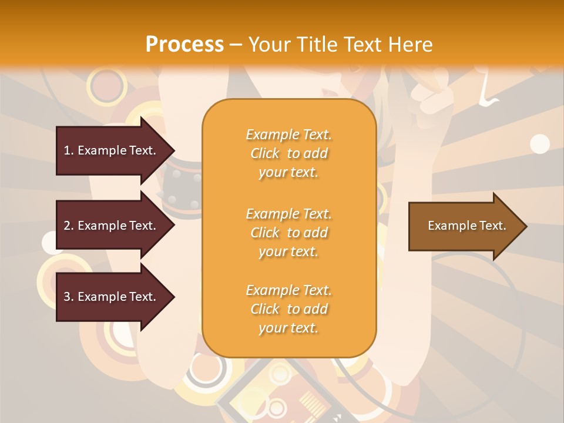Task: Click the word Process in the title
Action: pyautogui.click(x=184, y=45)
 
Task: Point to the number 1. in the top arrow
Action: pyautogui.click(x=69, y=150)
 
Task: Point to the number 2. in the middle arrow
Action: pyautogui.click(x=69, y=226)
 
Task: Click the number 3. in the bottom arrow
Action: pyautogui.click(x=69, y=297)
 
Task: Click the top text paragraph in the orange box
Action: pyautogui.click(x=288, y=153)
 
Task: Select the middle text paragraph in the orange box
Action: pyautogui.click(x=288, y=233)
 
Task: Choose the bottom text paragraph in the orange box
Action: pyautogui.click(x=288, y=309)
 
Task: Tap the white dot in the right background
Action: pyautogui.click(x=539, y=143)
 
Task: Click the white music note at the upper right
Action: pyautogui.click(x=487, y=94)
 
